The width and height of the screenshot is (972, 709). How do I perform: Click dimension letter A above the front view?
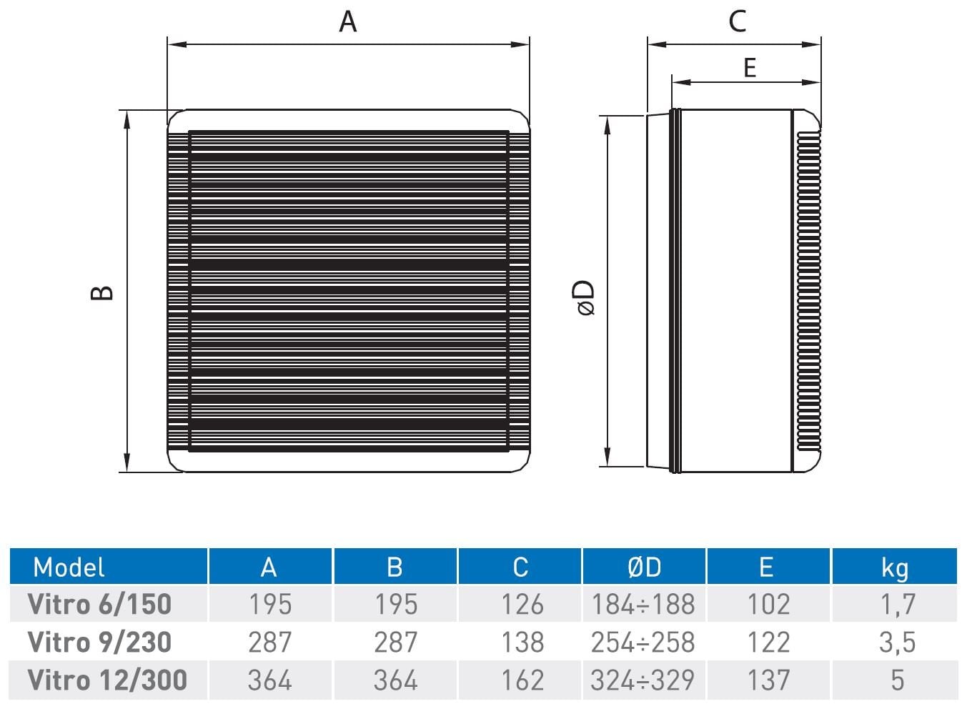(x=347, y=21)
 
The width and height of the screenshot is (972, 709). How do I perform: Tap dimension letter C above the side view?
(x=738, y=21)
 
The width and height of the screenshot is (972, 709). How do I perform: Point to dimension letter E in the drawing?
(x=750, y=67)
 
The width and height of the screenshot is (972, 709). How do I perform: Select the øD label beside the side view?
(x=587, y=297)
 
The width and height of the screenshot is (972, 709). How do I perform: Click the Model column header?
(x=69, y=567)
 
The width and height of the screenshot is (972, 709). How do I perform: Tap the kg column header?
(x=894, y=568)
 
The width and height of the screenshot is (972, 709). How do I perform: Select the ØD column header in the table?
(x=645, y=567)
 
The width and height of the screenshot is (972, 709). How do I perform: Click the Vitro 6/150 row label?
(x=99, y=604)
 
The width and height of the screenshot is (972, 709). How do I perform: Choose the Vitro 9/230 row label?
(x=99, y=642)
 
